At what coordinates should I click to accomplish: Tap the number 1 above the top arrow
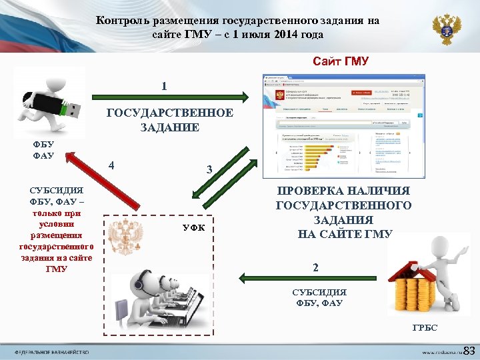[x=165, y=87]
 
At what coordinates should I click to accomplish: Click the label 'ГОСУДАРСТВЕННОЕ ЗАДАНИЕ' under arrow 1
[x=170, y=120]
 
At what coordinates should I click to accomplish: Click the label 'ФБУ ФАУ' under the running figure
[x=43, y=151]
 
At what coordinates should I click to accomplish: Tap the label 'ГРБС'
[x=425, y=328]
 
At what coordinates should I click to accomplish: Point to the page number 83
[x=468, y=351]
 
